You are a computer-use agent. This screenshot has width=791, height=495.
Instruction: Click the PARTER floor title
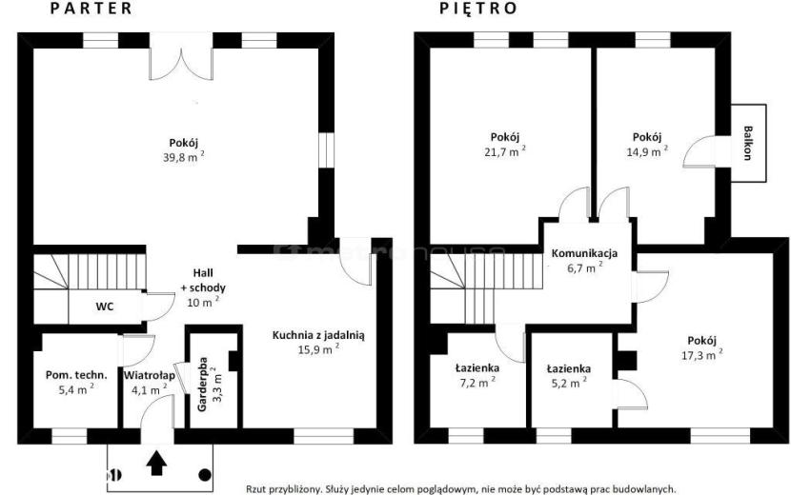pyautogui.click(x=91, y=9)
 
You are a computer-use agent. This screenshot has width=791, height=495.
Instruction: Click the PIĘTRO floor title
pyautogui.click(x=478, y=9)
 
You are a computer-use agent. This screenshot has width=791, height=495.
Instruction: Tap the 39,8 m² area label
pyautogui.click(x=184, y=157)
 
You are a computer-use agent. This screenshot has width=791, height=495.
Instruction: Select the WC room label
pyautogui.click(x=105, y=307)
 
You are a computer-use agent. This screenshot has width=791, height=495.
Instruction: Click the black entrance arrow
pyautogui.click(x=156, y=463)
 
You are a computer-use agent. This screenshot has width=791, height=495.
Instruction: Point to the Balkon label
pyautogui.click(x=747, y=143)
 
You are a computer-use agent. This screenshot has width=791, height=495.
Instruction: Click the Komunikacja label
pyautogui.click(x=584, y=253)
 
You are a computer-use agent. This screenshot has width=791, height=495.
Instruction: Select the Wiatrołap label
pyautogui.click(x=150, y=376)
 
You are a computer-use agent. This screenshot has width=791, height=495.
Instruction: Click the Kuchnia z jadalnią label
pyautogui.click(x=318, y=335)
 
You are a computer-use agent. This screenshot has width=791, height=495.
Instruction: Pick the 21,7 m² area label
pyautogui.click(x=504, y=151)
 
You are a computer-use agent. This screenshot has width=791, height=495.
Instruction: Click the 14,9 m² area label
pyautogui.click(x=647, y=151)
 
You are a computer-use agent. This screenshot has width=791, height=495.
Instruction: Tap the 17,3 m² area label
pyautogui.click(x=701, y=355)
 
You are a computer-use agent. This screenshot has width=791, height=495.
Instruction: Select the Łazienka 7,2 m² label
pyautogui.click(x=477, y=376)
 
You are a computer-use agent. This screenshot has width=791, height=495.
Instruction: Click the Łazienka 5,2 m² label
pyautogui.click(x=569, y=376)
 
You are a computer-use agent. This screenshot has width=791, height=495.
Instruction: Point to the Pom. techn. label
pyautogui.click(x=76, y=376)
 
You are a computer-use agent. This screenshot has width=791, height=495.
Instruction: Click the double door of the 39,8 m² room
pyautogui.click(x=181, y=56)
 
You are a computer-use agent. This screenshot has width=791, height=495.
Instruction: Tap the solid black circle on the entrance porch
pyautogui.click(x=204, y=474)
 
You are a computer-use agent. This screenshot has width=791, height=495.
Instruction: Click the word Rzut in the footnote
pyautogui.click(x=255, y=489)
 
